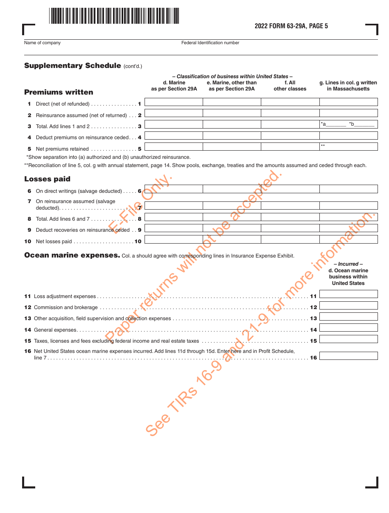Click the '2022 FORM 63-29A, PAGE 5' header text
291,26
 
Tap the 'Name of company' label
42,43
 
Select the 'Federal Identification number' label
210,43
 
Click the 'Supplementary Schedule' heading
72,66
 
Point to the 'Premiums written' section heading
59,92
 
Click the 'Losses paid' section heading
47,179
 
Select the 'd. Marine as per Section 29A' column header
174,86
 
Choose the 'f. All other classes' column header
290,86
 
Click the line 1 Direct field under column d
174,102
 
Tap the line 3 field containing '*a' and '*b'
348,124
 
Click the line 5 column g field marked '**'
348,147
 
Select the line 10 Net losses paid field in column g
348,239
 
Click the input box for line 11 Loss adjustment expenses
348,294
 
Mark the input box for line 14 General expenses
348,328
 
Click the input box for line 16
348,356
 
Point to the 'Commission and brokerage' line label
66,307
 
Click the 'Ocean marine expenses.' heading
72,255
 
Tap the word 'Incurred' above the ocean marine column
348,264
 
